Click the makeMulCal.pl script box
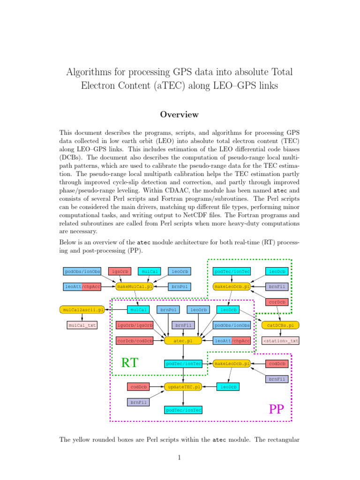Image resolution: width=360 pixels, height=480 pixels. tap(135, 286)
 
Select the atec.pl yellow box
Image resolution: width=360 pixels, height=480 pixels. tap(183, 340)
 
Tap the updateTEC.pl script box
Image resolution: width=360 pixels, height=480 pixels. tap(183, 387)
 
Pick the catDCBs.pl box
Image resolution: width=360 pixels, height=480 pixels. tap(280, 325)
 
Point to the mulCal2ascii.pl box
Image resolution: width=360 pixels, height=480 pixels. tap(82, 309)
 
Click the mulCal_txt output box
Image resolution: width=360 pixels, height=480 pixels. tap(82, 325)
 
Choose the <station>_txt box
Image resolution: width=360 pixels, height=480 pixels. tap(280, 340)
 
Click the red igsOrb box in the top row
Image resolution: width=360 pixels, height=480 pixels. tap(119, 271)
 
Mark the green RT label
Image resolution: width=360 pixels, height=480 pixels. tap(131, 362)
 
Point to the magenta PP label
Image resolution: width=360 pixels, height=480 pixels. tap(277, 410)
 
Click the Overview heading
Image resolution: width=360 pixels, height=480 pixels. tap(180, 114)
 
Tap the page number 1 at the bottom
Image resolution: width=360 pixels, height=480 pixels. tap(180, 458)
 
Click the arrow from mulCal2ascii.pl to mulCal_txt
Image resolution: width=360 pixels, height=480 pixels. tap(82, 317)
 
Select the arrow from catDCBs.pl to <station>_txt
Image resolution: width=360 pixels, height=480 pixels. tap(280, 333)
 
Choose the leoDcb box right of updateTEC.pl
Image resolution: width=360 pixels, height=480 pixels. tap(228, 387)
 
